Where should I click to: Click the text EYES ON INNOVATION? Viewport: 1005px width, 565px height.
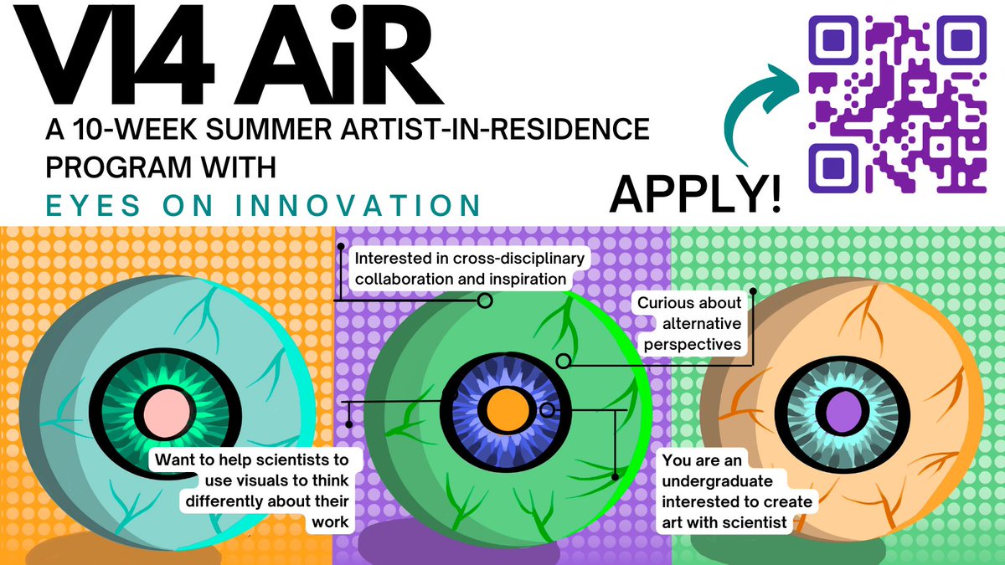(x=264, y=205)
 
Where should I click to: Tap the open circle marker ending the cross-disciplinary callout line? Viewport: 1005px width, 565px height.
(x=484, y=299)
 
